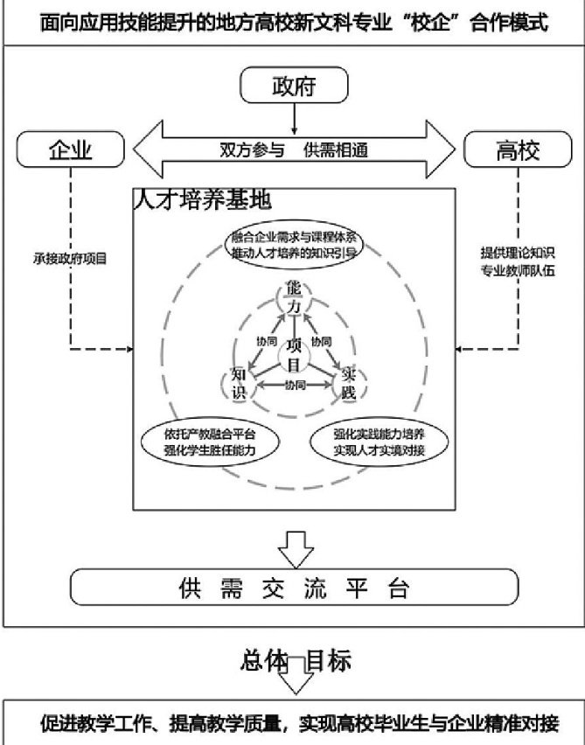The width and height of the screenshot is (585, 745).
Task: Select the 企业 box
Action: point(70,150)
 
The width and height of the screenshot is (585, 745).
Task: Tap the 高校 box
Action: point(517,150)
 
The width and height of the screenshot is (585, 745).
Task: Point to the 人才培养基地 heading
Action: point(202,199)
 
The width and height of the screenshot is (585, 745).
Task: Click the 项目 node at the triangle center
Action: point(294,352)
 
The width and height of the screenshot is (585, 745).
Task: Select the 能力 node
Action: point(294,300)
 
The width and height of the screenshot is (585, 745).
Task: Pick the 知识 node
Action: point(239,383)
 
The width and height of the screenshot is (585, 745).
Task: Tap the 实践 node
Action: point(348,383)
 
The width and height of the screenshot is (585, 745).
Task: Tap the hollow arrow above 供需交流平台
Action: point(295,547)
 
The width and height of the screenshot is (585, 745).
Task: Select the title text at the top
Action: point(293,22)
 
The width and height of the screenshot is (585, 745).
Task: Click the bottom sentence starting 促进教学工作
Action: point(293,723)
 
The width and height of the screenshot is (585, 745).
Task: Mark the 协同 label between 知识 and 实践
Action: point(294,385)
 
